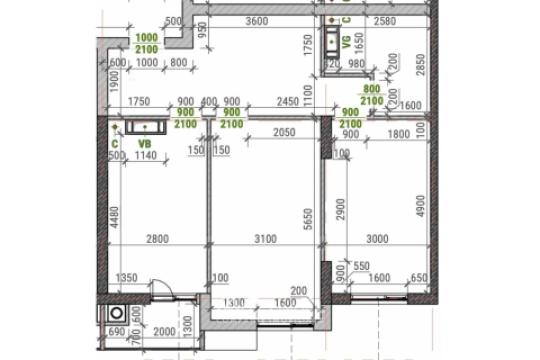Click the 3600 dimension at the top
(x=258, y=21)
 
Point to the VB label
(x=145, y=145)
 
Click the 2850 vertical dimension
(x=422, y=67)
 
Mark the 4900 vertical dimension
(x=421, y=207)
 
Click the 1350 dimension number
(x=126, y=277)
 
